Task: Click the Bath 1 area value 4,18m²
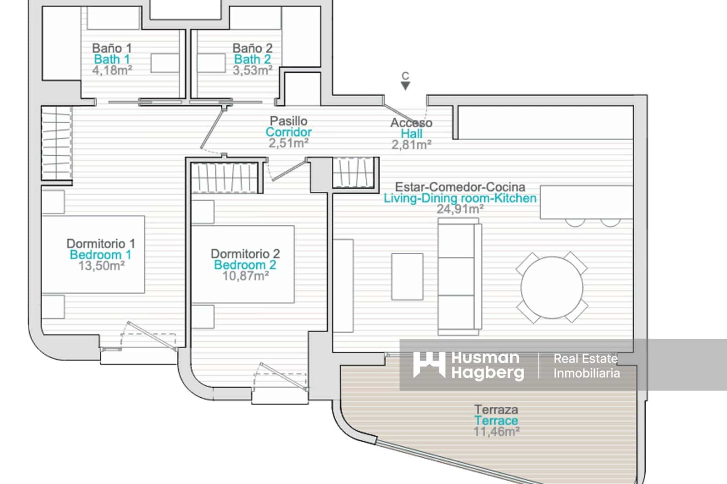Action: pos(112,70)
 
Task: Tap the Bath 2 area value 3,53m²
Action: pos(253,70)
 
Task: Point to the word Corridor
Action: pos(289,132)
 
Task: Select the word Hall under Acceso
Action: pos(412,133)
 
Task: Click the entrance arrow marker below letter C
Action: pos(405,86)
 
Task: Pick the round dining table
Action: pos(552,288)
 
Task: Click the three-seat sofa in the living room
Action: pos(459,277)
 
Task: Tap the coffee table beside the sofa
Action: pos(407,277)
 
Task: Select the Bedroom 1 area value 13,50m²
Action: pos(102,266)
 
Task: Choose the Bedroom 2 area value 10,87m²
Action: pos(245,276)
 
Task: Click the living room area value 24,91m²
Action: pos(460,209)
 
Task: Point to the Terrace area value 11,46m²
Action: pos(496,432)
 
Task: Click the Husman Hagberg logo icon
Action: pos(429,365)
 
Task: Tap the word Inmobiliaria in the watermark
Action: pos(587,373)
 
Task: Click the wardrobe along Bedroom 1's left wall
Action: pos(57,143)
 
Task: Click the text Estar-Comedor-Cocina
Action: pos(460,187)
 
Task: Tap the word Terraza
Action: pos(496,410)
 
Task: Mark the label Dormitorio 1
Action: pos(100,244)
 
